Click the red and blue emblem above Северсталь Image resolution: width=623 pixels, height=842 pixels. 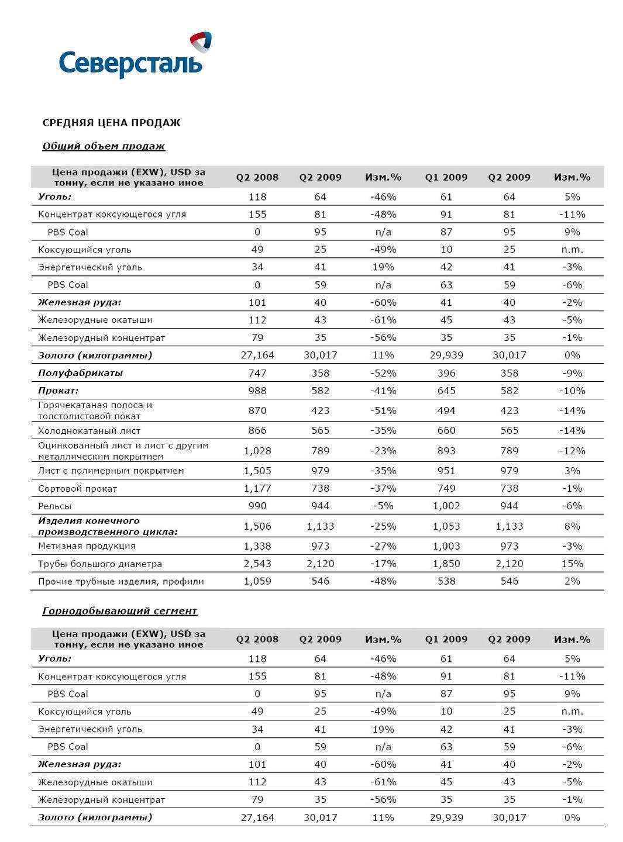coord(201,42)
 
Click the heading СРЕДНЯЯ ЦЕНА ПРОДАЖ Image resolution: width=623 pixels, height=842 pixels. coord(111,123)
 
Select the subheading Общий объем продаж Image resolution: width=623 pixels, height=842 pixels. coord(104,146)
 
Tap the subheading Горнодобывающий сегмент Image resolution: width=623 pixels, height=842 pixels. coord(119,611)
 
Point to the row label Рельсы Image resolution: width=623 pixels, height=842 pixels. coord(54,506)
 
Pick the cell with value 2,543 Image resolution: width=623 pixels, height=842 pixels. coord(257,564)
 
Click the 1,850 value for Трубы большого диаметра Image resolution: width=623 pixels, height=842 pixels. coord(446,564)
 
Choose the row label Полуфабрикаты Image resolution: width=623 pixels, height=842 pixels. coord(80,373)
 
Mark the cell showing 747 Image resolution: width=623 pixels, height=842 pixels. coord(257,373)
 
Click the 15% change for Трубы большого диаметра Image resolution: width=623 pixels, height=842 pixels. coord(572,564)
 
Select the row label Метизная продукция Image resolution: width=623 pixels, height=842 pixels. coord(87,546)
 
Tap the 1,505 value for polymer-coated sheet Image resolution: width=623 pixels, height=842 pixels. coord(257,471)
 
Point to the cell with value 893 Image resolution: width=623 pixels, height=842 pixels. coord(446,451)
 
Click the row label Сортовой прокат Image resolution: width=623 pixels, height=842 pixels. coord(77,488)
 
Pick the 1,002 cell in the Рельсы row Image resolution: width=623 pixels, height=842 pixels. coord(446,506)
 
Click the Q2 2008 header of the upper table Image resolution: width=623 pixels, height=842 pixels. coord(257,177)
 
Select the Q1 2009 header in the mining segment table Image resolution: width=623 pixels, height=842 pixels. coord(446,639)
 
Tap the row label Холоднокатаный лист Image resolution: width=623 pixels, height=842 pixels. coord(89,430)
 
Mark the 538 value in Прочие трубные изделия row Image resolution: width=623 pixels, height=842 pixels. coord(446,581)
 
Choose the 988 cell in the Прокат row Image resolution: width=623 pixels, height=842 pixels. coord(257,391)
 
